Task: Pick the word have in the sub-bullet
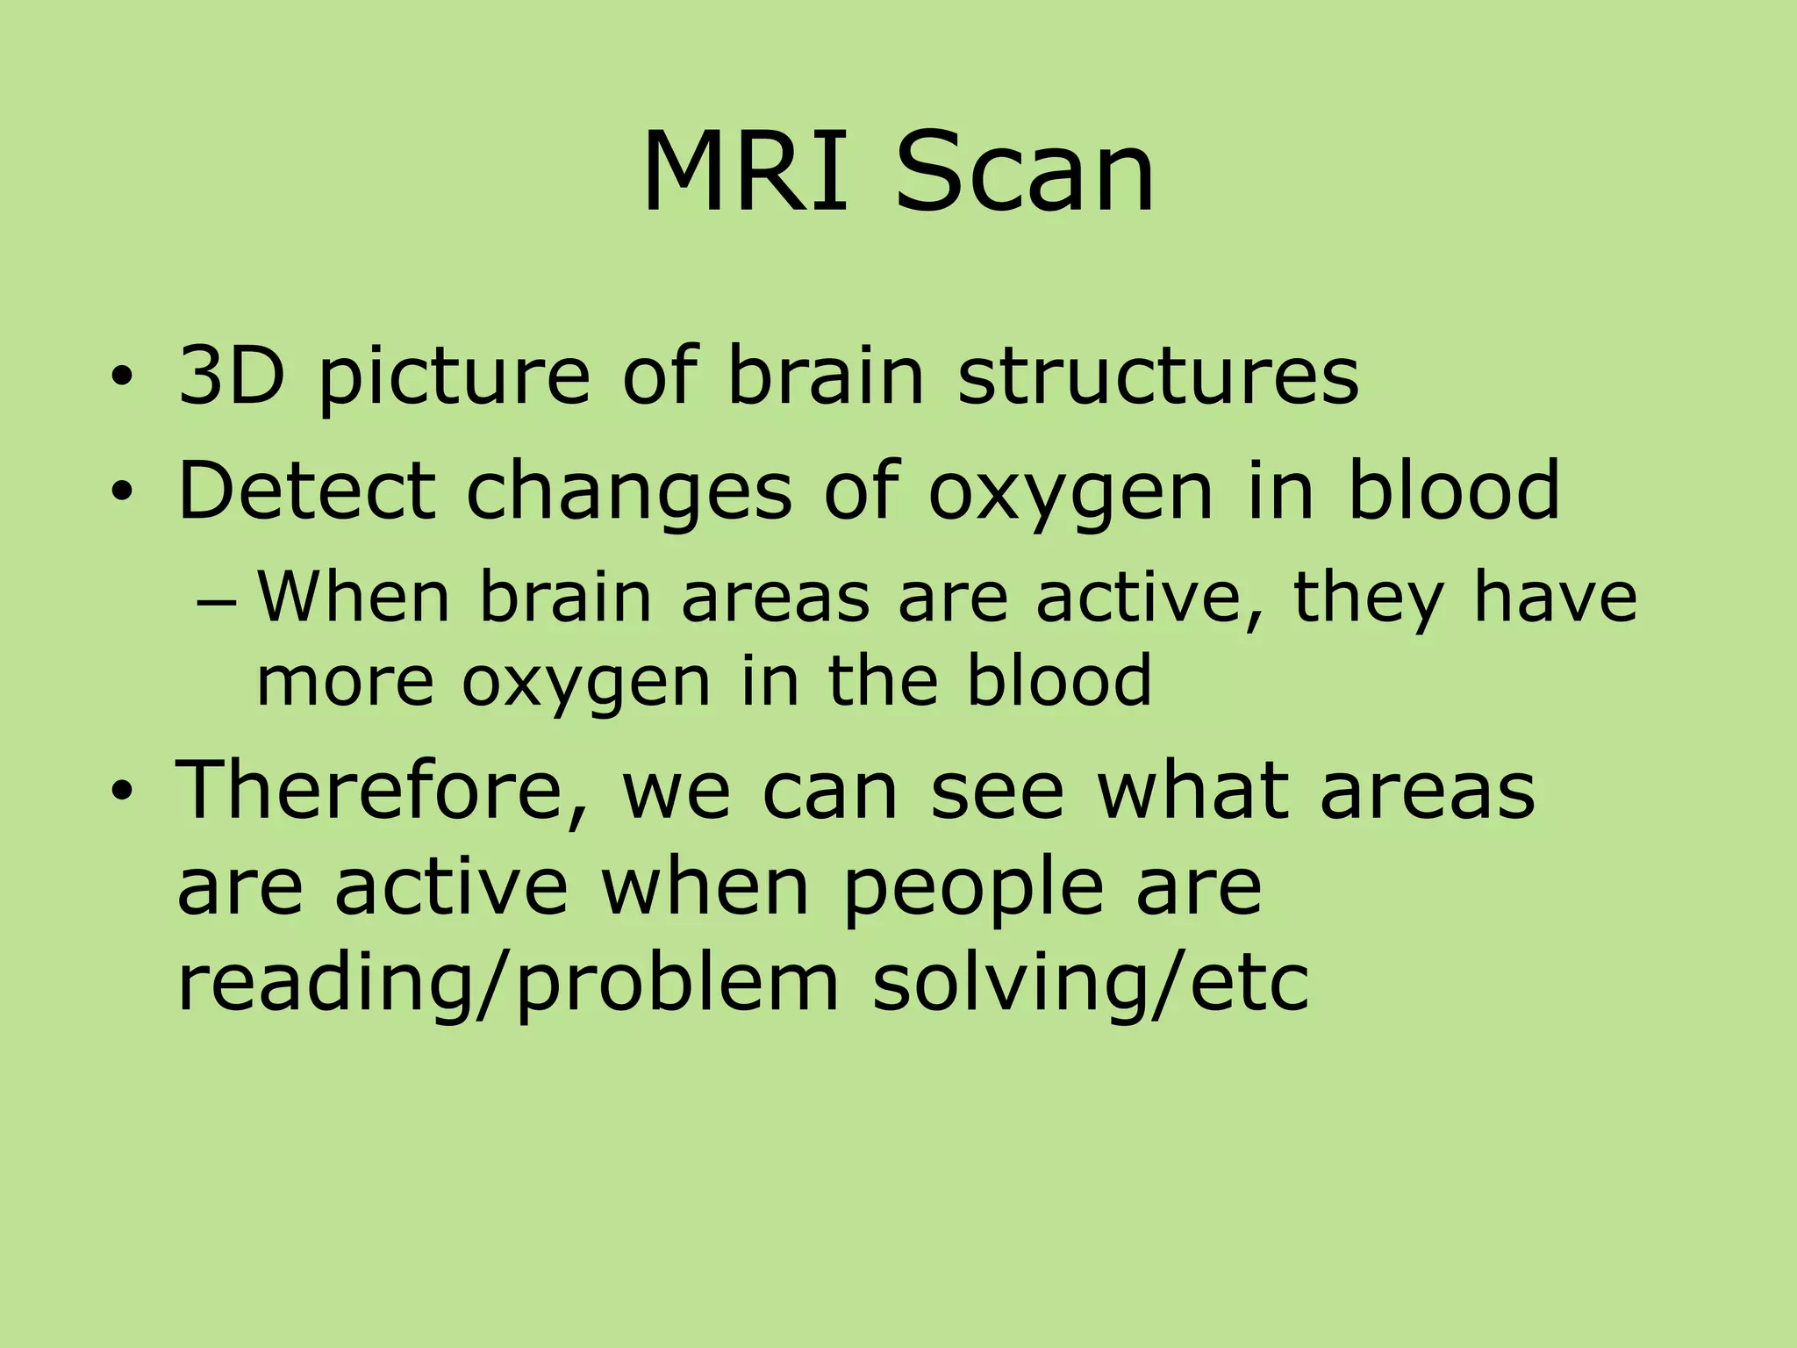click(1554, 597)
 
